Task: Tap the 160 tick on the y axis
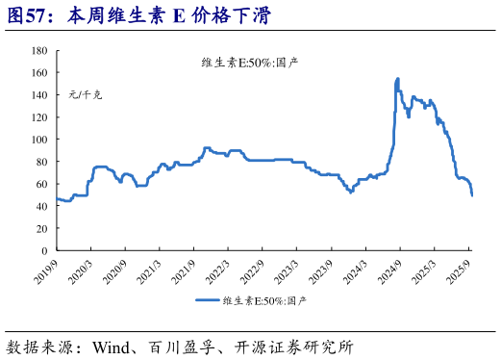click(x=38, y=72)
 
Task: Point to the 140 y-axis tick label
click(x=38, y=94)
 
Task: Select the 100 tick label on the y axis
click(x=38, y=139)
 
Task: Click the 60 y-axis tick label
click(x=41, y=183)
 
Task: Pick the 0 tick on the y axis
click(x=44, y=250)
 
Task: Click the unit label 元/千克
click(x=85, y=95)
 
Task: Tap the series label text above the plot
click(x=250, y=64)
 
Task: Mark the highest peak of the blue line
click(x=398, y=79)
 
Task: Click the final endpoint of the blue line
click(x=472, y=194)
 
